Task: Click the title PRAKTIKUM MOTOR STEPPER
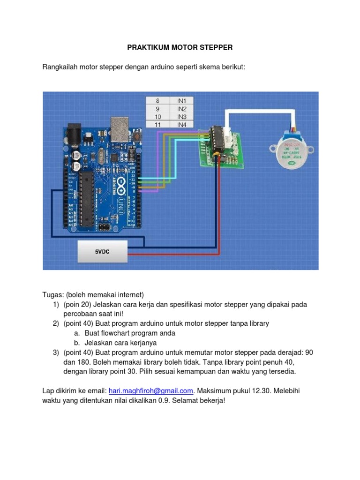180,48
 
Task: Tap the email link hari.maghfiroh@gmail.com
151,390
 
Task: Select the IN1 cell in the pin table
181,100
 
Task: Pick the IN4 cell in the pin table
181,124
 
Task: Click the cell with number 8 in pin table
157,100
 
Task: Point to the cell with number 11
157,124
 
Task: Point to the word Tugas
52,294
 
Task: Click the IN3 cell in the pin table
181,116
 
